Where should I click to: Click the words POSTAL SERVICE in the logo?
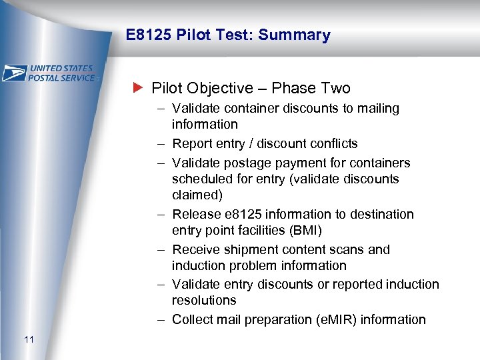click(63, 77)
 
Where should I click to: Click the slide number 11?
click(29, 340)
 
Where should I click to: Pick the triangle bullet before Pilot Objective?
click(138, 88)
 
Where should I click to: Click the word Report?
click(191, 143)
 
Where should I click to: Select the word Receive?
click(195, 249)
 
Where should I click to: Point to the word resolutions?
click(204, 300)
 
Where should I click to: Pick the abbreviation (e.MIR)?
click(328, 319)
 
